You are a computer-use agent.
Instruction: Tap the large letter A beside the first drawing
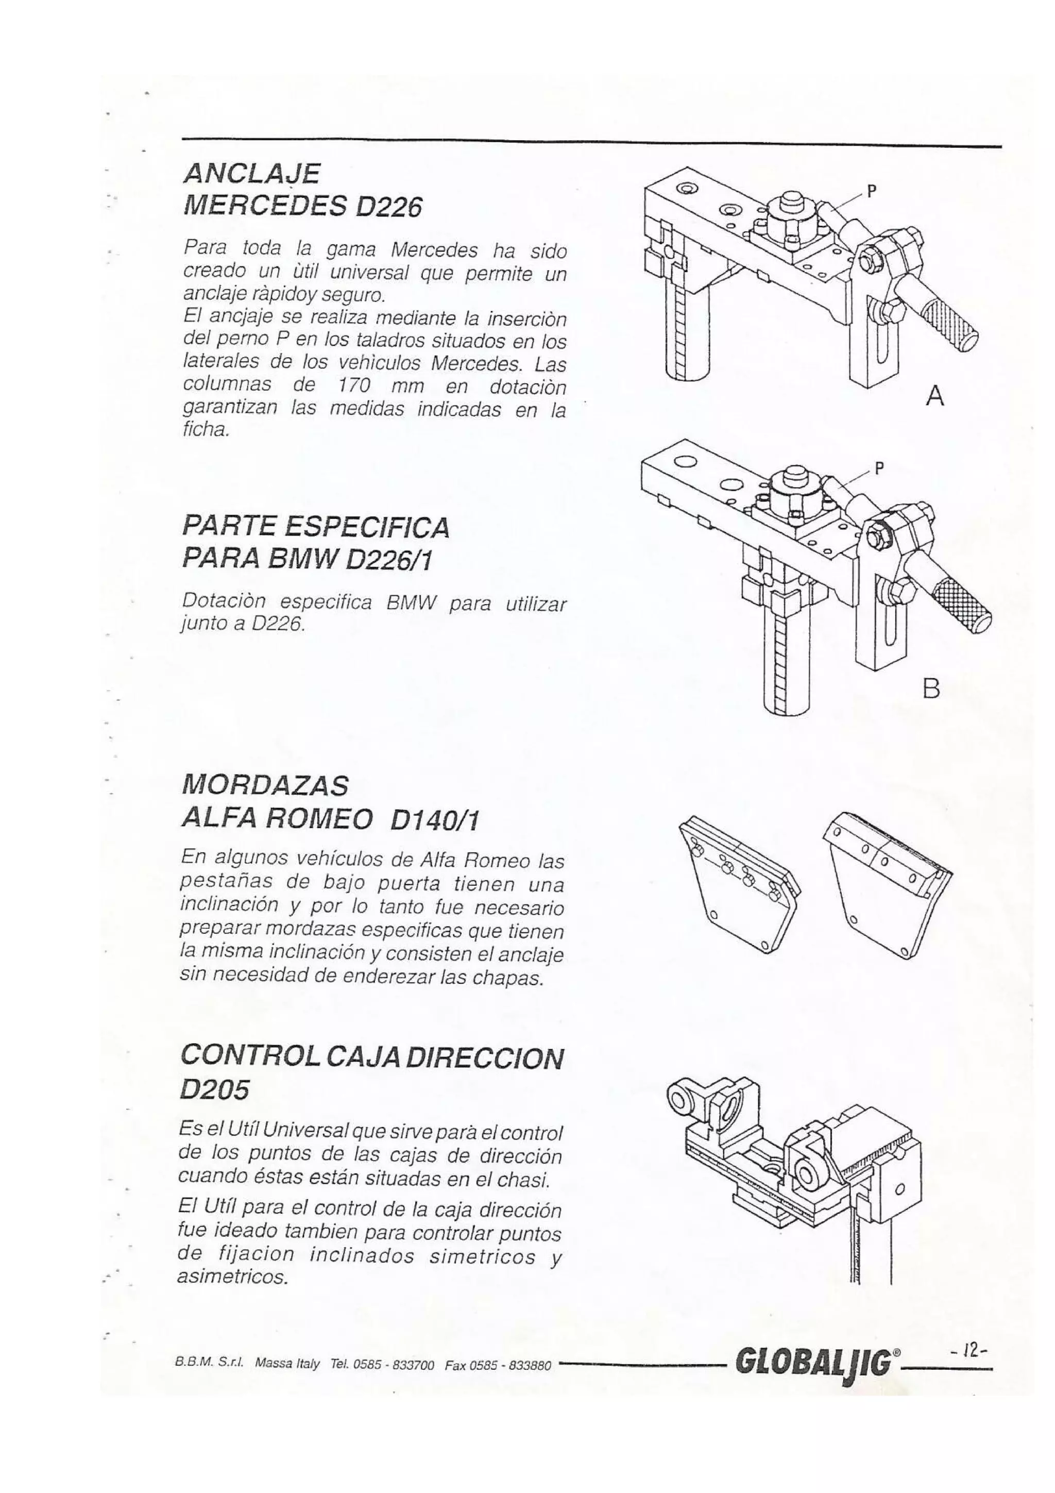point(934,396)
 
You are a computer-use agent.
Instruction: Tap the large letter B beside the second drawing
point(931,688)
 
